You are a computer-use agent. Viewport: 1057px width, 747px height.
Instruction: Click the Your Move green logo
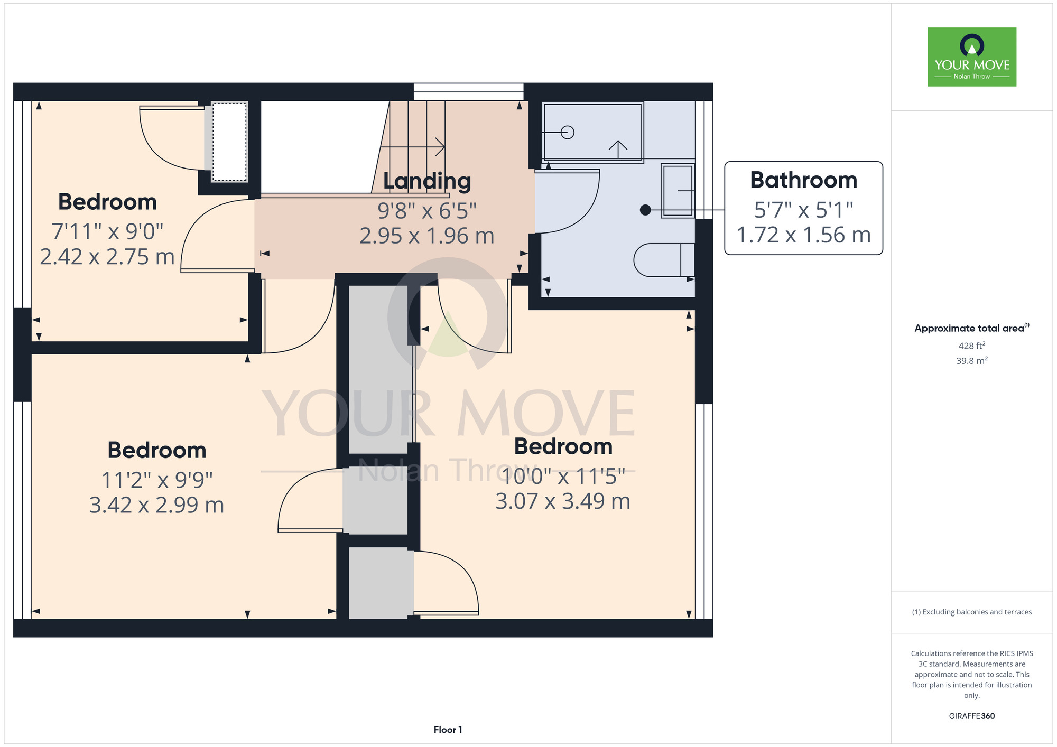coord(971,57)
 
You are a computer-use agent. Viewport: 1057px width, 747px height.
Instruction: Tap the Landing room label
coord(427,181)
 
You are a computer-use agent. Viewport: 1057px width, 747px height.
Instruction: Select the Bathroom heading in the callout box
coord(803,180)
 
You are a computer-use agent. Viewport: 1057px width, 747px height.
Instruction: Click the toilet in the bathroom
coord(664,260)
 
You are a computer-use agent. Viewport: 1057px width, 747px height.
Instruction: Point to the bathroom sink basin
coord(678,190)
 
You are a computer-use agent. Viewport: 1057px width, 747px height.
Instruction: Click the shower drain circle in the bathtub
coord(567,132)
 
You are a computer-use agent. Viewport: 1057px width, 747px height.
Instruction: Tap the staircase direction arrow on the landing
coord(412,147)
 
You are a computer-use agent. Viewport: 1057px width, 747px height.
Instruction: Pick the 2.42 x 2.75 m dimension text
coord(107,257)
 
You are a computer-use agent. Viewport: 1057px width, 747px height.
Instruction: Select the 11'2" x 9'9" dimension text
coord(157,480)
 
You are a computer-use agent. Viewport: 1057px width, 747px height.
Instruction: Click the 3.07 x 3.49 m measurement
coord(563,501)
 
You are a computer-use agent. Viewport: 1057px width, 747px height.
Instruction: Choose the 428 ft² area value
coord(972,346)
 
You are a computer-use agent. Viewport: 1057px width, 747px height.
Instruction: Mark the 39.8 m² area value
coord(972,361)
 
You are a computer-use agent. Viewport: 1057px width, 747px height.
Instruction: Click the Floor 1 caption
coord(448,730)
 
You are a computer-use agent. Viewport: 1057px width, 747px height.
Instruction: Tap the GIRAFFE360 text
coord(972,716)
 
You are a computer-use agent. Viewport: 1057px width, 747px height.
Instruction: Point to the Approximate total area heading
coord(972,328)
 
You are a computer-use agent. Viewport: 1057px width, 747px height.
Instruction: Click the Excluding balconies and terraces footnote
coord(972,612)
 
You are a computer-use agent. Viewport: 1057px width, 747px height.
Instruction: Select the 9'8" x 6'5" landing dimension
coord(427,211)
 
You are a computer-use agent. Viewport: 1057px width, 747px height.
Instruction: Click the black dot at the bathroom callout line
coord(645,210)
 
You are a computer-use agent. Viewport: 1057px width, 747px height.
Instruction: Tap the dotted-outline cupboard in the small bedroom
coord(229,142)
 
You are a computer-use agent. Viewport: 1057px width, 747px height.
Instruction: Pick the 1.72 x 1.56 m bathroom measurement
coord(803,235)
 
